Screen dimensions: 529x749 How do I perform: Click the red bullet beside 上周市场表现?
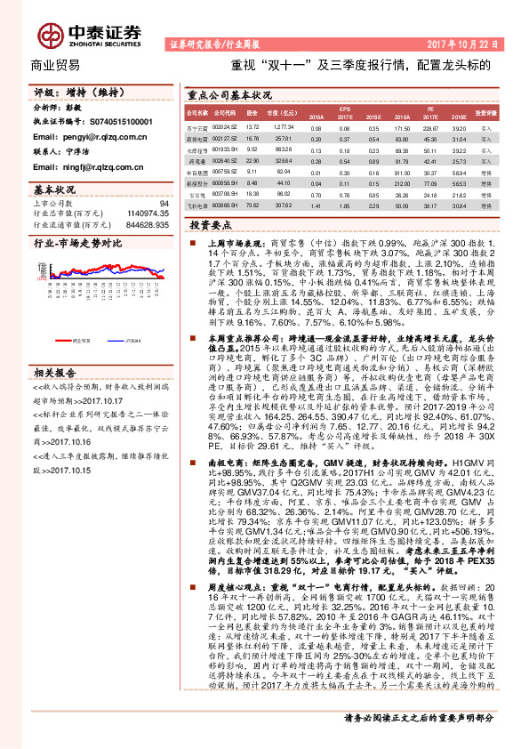(x=188, y=242)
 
